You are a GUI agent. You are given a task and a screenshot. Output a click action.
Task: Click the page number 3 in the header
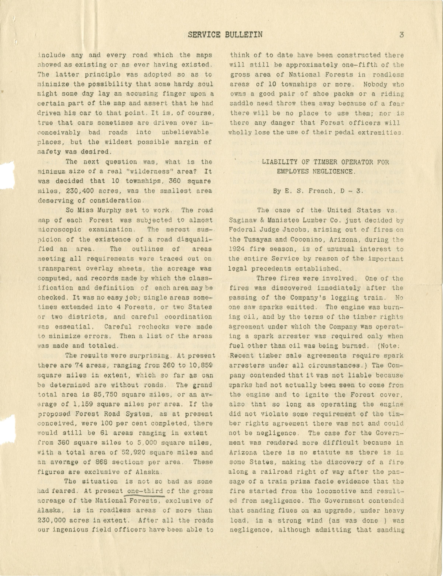click(402, 35)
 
